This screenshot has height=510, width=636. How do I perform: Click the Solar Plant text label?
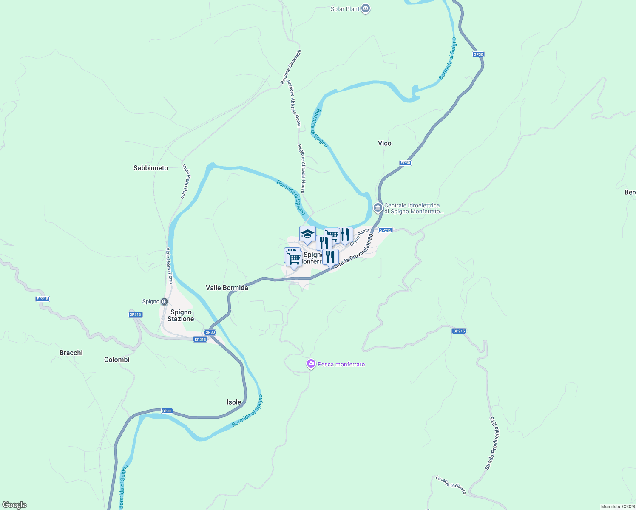pos(345,9)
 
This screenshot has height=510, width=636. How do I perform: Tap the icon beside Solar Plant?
pos(366,8)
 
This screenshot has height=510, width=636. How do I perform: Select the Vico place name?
pos(384,143)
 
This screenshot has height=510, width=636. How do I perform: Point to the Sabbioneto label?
pos(150,168)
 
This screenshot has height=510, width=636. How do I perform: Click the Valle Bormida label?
pos(227,288)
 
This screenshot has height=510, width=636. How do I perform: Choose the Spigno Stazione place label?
pos(181,315)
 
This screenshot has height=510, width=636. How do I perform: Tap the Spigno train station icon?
pos(164,301)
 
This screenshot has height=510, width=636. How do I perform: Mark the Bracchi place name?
pos(71,353)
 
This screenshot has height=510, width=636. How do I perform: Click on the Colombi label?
pos(116,360)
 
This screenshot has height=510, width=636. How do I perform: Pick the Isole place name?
pos(234,402)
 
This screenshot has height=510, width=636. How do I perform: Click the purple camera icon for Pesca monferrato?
pos(311,364)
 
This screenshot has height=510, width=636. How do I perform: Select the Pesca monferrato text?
pos(341,364)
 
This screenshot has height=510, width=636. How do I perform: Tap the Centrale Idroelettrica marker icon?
pos(378,208)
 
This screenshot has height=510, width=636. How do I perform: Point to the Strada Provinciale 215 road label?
pos(492,443)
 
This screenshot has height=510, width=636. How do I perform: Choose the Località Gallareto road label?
pos(451,485)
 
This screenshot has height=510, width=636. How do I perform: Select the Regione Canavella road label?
pos(291,67)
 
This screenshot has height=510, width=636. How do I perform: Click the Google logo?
pos(14,505)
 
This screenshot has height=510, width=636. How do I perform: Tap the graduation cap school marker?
pos(307,234)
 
